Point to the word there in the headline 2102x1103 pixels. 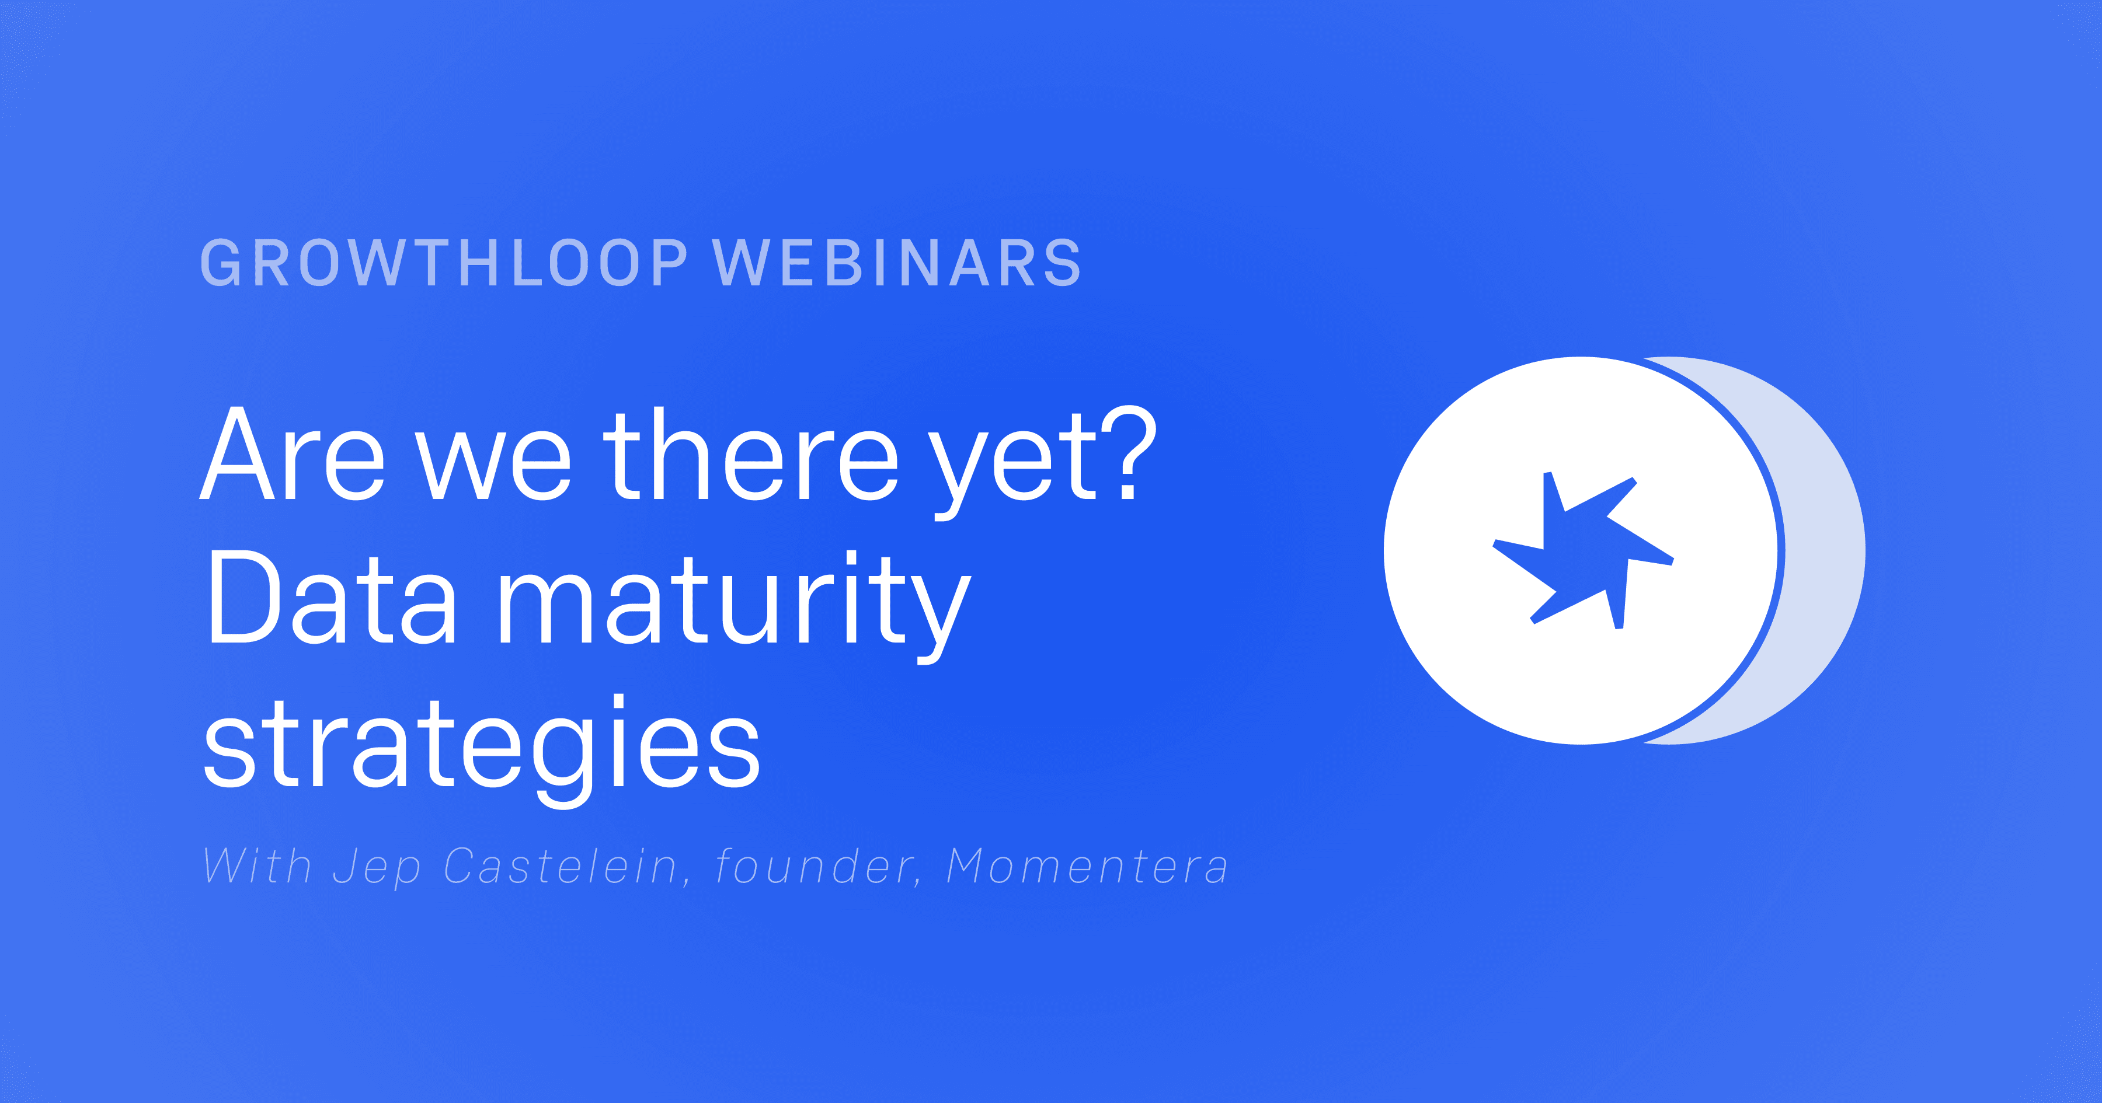[x=751, y=455]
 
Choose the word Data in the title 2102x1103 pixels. [x=331, y=597]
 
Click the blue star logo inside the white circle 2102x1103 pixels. [x=1583, y=551]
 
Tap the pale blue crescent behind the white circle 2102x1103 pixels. [x=1823, y=551]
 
